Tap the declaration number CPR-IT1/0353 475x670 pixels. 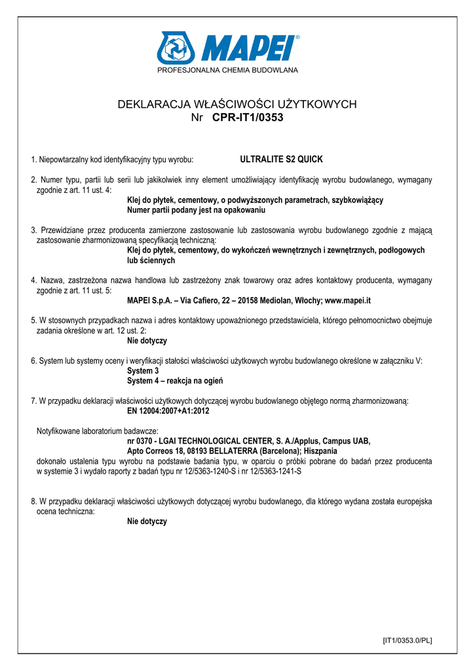pos(248,118)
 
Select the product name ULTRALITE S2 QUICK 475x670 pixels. pos(282,159)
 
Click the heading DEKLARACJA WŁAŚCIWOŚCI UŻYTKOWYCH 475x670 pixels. pos(237,104)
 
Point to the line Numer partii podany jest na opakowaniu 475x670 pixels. pos(196,211)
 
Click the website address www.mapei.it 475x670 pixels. pos(348,300)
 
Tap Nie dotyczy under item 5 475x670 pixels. pos(147,341)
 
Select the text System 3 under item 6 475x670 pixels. pos(143,371)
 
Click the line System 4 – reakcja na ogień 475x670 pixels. pos(179,381)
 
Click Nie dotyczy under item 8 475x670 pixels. pos(147,521)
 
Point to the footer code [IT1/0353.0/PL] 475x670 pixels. pos(407,640)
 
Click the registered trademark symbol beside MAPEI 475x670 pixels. pos(297,37)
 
